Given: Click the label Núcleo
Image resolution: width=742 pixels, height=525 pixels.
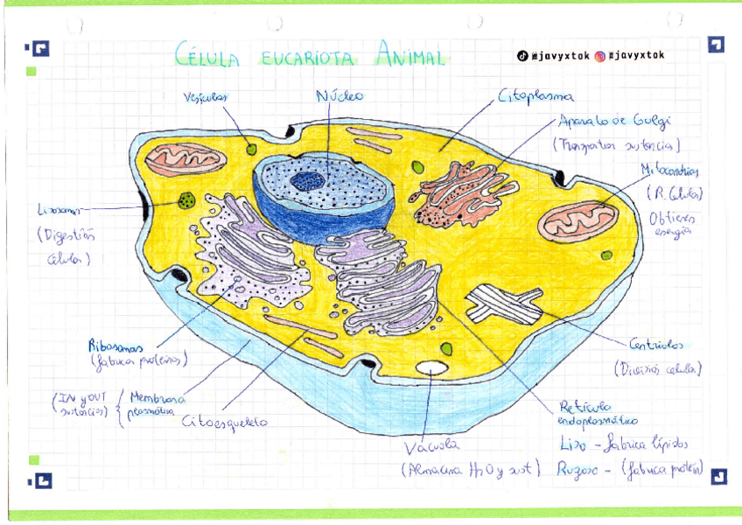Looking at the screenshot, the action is (339, 95).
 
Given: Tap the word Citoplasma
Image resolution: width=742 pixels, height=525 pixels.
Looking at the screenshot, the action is (536, 95).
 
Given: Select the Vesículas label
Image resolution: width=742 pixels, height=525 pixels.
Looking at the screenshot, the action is (205, 97).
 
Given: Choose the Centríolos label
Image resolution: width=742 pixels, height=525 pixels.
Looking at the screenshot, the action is (656, 344).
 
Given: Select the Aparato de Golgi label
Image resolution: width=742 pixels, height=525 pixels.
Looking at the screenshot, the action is (619, 122).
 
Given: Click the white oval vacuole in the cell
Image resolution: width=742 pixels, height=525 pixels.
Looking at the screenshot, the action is (430, 368).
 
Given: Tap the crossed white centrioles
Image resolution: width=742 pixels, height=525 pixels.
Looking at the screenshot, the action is (503, 304).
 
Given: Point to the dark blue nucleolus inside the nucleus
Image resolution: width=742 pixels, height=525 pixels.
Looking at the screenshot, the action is (307, 181).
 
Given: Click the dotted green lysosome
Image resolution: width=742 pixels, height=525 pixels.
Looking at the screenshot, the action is (186, 200).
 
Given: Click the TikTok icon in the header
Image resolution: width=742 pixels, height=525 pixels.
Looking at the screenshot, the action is (522, 56).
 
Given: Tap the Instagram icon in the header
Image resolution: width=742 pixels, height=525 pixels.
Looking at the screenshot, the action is (600, 56).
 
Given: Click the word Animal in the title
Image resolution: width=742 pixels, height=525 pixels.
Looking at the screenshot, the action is (411, 57).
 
